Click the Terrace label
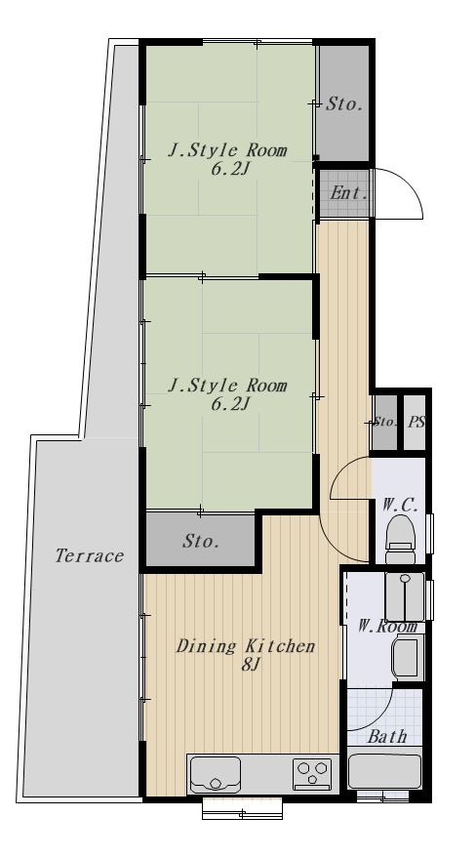pyautogui.click(x=90, y=556)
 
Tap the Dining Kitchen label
pyautogui.click(x=246, y=645)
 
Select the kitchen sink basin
pyautogui.click(x=215, y=774)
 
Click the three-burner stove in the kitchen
pyautogui.click(x=312, y=774)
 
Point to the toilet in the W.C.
pyautogui.click(x=400, y=539)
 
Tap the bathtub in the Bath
pyautogui.click(x=384, y=771)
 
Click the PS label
pyautogui.click(x=416, y=423)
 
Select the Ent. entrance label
pyautogui.click(x=348, y=193)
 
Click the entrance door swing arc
pyautogui.click(x=410, y=184)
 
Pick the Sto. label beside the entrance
pyautogui.click(x=344, y=103)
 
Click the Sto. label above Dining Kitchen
pyautogui.click(x=201, y=541)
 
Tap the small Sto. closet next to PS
pyautogui.click(x=384, y=423)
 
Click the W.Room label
pyautogui.click(x=387, y=626)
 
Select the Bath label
pyautogui.click(x=387, y=737)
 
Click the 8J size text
pyautogui.click(x=252, y=666)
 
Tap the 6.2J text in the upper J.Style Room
pyautogui.click(x=230, y=169)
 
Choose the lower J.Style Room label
pyautogui.click(x=227, y=386)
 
